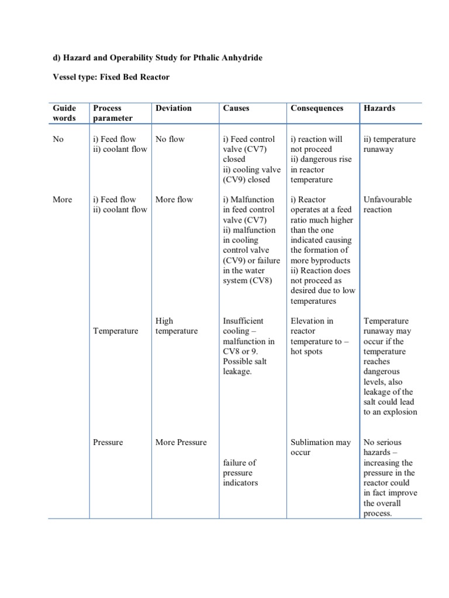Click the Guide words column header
(x=64, y=113)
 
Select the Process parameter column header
(x=113, y=113)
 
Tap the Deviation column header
(x=173, y=108)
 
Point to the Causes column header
(x=236, y=108)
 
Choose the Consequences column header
(x=317, y=108)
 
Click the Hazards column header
(x=379, y=108)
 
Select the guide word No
(x=58, y=140)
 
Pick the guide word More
(x=62, y=199)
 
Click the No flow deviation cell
(x=170, y=140)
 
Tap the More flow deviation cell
(x=174, y=199)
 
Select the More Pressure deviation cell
(x=181, y=442)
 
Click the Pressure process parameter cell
(x=108, y=442)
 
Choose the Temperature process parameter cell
(x=116, y=331)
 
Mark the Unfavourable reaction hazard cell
(x=387, y=204)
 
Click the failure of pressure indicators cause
(x=240, y=472)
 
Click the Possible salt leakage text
(x=244, y=366)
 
